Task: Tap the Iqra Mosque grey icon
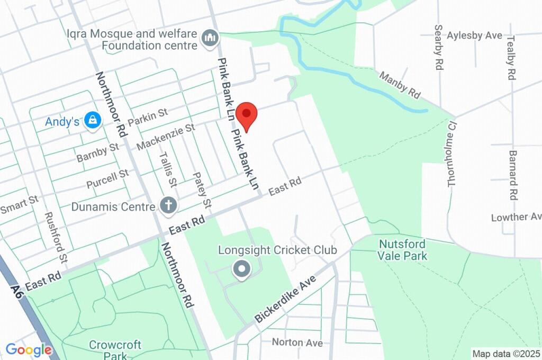coord(210,38)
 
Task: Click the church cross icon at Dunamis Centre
coord(168,206)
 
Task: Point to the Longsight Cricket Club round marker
coord(242,269)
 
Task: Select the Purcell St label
coord(107,179)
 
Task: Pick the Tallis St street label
coord(168,167)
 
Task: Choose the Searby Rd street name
coord(439,47)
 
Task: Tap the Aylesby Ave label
coord(474,35)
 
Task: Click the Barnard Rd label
coord(512,175)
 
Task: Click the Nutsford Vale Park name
coord(403,250)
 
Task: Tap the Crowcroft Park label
coord(115,350)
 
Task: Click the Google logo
coord(29,350)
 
